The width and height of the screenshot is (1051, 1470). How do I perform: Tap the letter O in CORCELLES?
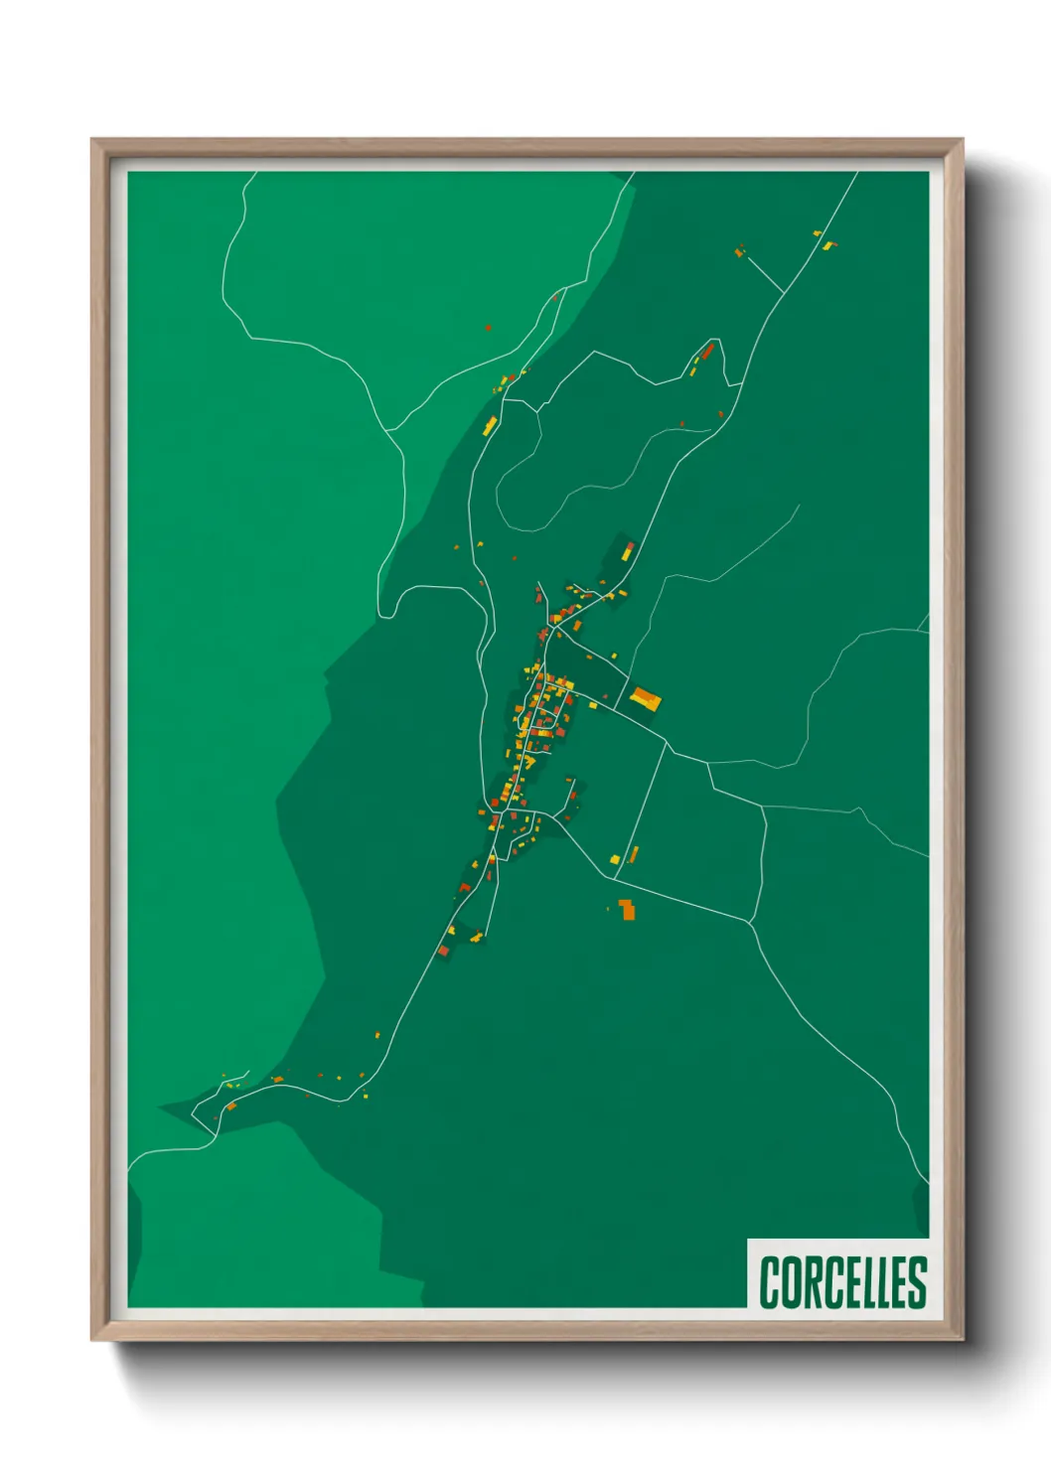tap(790, 1282)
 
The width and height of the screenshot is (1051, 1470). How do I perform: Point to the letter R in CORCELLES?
tap(810, 1282)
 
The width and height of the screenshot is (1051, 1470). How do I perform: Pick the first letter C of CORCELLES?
tap(770, 1282)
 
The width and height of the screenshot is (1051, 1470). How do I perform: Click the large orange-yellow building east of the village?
tap(646, 699)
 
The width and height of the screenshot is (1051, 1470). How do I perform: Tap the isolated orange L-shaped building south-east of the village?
tap(626, 909)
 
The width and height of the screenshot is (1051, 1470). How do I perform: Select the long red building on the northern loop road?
tap(707, 352)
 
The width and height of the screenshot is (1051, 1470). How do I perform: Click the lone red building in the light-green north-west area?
tap(488, 326)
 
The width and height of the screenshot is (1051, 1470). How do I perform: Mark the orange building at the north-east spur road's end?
tap(739, 252)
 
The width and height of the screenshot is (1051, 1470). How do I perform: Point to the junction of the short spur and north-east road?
tap(785, 293)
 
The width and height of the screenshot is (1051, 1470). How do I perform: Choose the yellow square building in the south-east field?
tap(615, 858)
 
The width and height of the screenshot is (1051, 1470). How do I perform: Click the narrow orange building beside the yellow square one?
tap(633, 853)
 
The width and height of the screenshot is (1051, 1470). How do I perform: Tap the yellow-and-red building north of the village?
tap(627, 549)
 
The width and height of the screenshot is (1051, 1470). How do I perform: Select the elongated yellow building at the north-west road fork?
tap(490, 426)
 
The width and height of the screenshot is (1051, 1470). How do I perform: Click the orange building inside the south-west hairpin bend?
tap(230, 1105)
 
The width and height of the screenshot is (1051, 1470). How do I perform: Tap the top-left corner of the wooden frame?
tap(92, 140)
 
